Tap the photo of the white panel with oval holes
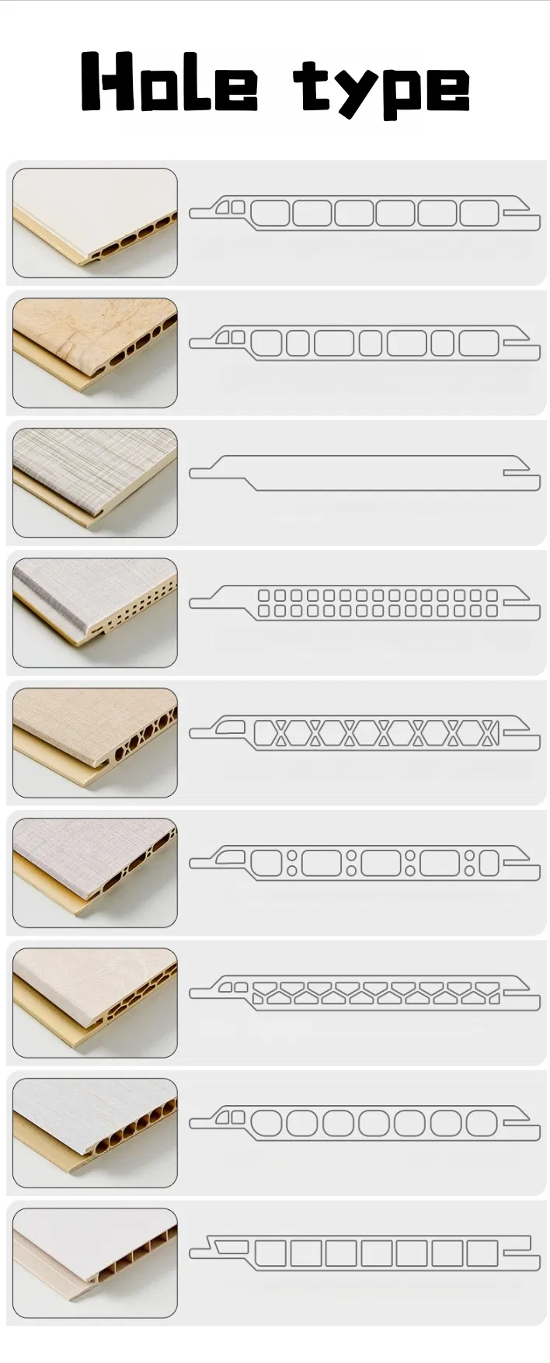[95, 223]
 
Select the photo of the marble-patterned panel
[95, 353]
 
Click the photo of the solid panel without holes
[95, 482]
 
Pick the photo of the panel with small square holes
[95, 612]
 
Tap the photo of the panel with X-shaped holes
[95, 742]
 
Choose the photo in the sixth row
[95, 872]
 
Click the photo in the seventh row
[95, 1002]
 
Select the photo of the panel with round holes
[95, 1132]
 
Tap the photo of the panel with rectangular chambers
[95, 1262]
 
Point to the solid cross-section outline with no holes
[365, 473]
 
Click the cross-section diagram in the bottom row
[365, 1253]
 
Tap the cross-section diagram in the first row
[365, 213]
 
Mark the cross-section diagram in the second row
[365, 342]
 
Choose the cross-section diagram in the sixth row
[365, 863]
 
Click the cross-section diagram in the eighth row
[365, 1123]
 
